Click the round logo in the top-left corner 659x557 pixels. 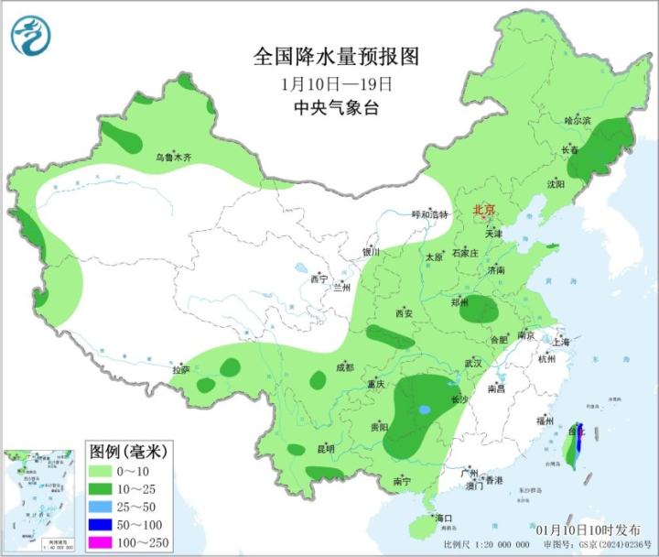click(30, 36)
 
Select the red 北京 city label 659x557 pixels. click(483, 212)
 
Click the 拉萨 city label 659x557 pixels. click(181, 370)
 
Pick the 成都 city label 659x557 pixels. click(344, 367)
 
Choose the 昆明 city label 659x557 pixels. click(325, 448)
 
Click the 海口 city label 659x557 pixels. click(445, 518)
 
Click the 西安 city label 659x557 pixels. click(405, 314)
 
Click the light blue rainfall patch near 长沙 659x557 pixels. click(424, 410)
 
